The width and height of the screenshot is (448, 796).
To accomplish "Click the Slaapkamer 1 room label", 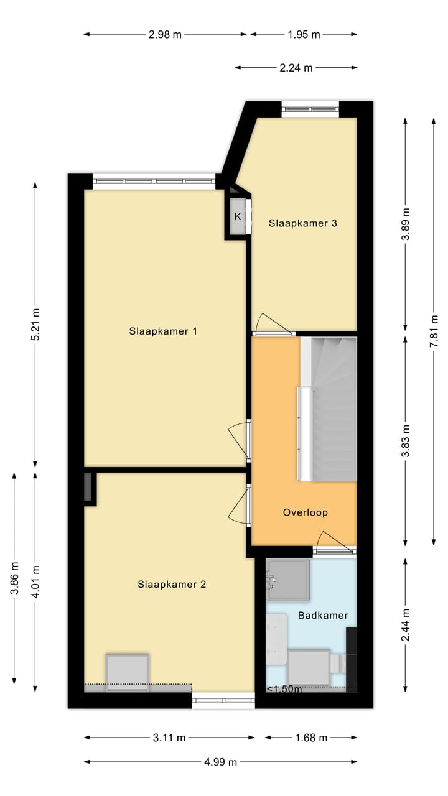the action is (x=163, y=331).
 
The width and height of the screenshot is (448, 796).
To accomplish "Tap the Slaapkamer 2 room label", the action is (x=172, y=584).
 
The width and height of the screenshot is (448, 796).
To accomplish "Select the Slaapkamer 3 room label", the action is (x=303, y=223).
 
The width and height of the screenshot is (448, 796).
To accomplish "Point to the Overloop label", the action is (x=306, y=512).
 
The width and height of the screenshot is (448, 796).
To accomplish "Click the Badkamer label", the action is (x=323, y=616).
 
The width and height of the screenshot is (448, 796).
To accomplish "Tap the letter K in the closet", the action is (x=238, y=216).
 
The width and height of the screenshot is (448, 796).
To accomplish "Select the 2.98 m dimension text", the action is (x=165, y=34).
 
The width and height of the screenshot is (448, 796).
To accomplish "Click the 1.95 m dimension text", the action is (x=304, y=34).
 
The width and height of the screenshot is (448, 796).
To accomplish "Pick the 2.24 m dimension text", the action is (x=296, y=68).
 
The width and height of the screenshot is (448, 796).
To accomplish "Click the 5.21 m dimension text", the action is (x=35, y=325).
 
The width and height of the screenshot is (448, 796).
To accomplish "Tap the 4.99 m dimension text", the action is (x=220, y=762).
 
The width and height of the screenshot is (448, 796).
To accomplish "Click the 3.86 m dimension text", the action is (x=14, y=578).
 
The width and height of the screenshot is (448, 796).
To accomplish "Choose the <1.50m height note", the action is (x=284, y=689).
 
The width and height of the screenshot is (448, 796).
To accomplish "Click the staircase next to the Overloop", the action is (x=328, y=409).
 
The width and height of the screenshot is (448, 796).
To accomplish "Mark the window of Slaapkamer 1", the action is (x=154, y=181).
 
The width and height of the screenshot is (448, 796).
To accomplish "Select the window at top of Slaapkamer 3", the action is (x=310, y=109).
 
